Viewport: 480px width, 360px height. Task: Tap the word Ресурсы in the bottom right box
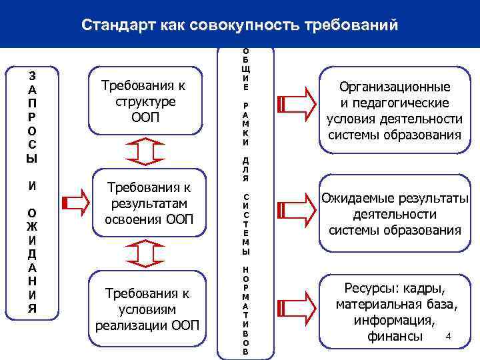coord(369,289)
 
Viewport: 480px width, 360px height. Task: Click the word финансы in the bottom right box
coord(395,336)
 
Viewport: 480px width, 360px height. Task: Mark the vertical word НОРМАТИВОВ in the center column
coord(246,309)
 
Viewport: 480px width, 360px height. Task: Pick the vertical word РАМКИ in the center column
coord(246,124)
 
